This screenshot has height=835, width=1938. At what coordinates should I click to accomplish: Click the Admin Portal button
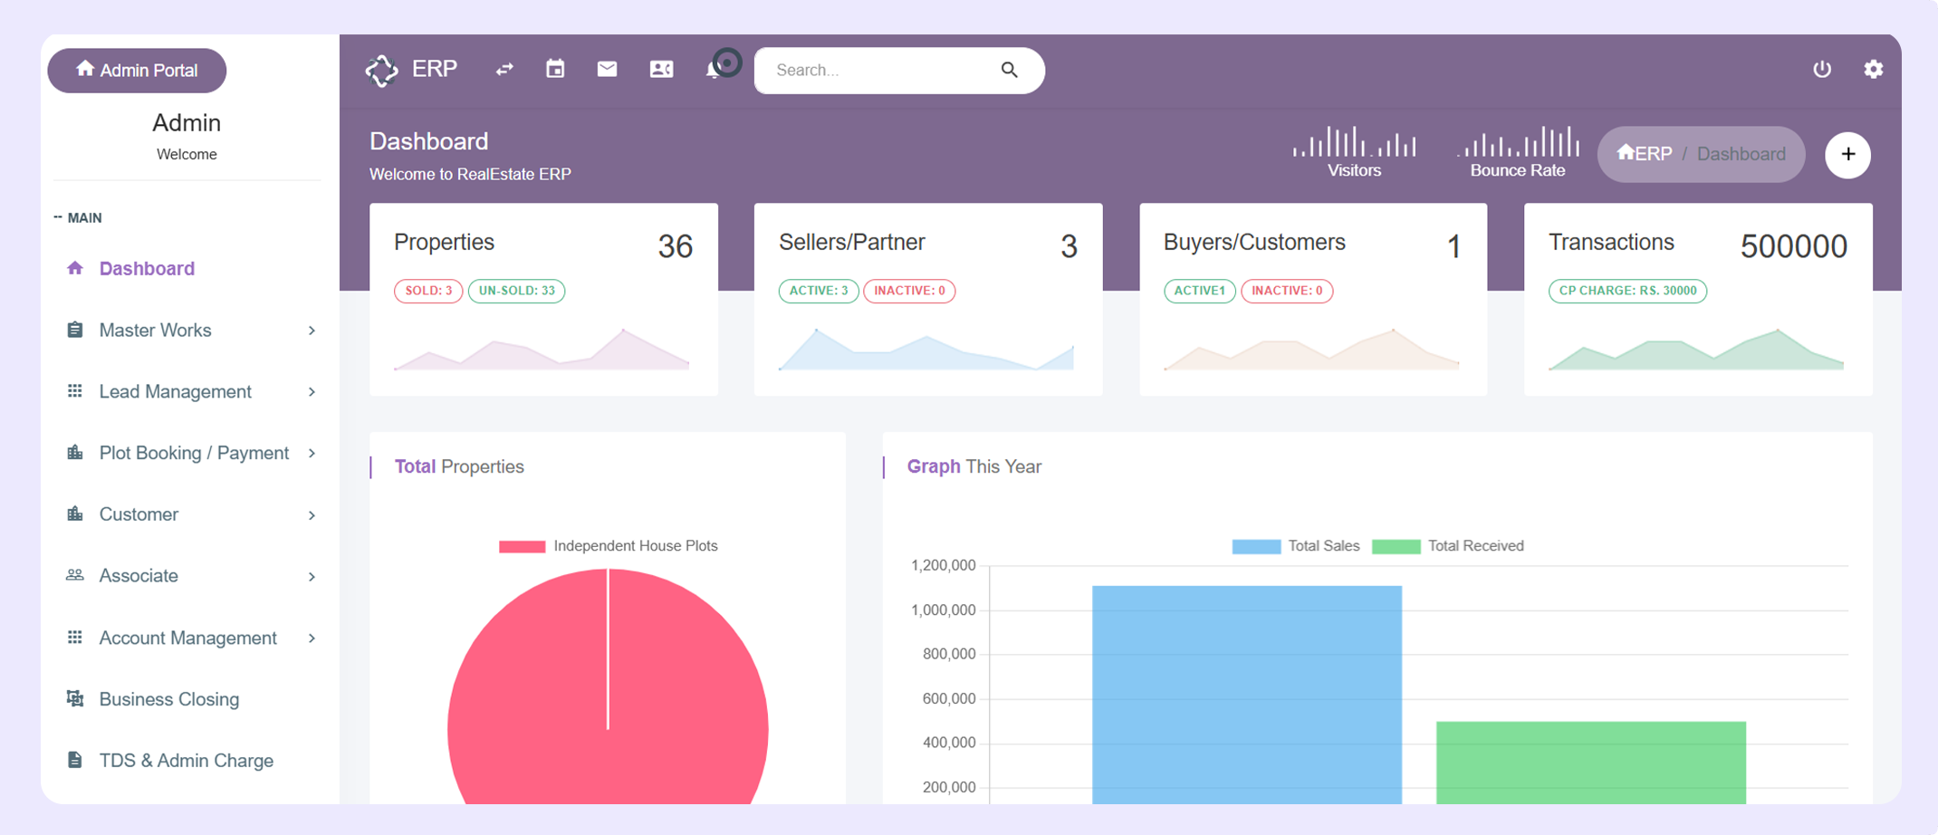[137, 71]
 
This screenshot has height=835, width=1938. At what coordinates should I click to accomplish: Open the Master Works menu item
[155, 331]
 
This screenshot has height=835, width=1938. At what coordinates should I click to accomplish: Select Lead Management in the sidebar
[175, 392]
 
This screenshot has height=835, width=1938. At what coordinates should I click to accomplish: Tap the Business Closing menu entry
[168, 699]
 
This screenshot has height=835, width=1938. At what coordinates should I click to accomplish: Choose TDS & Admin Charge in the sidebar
[186, 761]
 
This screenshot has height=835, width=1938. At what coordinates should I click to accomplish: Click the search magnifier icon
[1010, 70]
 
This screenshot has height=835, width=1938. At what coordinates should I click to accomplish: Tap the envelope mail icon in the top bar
[607, 69]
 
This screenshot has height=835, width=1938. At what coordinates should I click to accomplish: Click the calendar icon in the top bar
[555, 69]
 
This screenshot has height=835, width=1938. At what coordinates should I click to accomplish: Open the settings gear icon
[1874, 69]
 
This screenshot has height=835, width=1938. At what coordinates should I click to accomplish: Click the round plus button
[1848, 155]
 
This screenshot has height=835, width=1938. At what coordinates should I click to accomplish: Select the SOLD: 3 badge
[428, 291]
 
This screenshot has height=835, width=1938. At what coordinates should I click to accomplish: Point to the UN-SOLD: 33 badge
[516, 291]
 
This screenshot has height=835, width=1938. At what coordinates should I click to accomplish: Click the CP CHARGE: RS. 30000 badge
[1627, 291]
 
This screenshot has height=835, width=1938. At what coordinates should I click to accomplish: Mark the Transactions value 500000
[1793, 246]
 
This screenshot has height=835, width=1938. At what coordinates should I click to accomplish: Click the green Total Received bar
[1591, 763]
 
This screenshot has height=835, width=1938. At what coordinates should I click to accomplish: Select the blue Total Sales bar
[1247, 695]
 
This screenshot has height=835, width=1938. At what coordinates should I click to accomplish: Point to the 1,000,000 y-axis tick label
[944, 610]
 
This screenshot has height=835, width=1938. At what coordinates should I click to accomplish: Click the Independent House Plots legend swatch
[523, 546]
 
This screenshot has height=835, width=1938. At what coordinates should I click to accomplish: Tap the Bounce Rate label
[1518, 170]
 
